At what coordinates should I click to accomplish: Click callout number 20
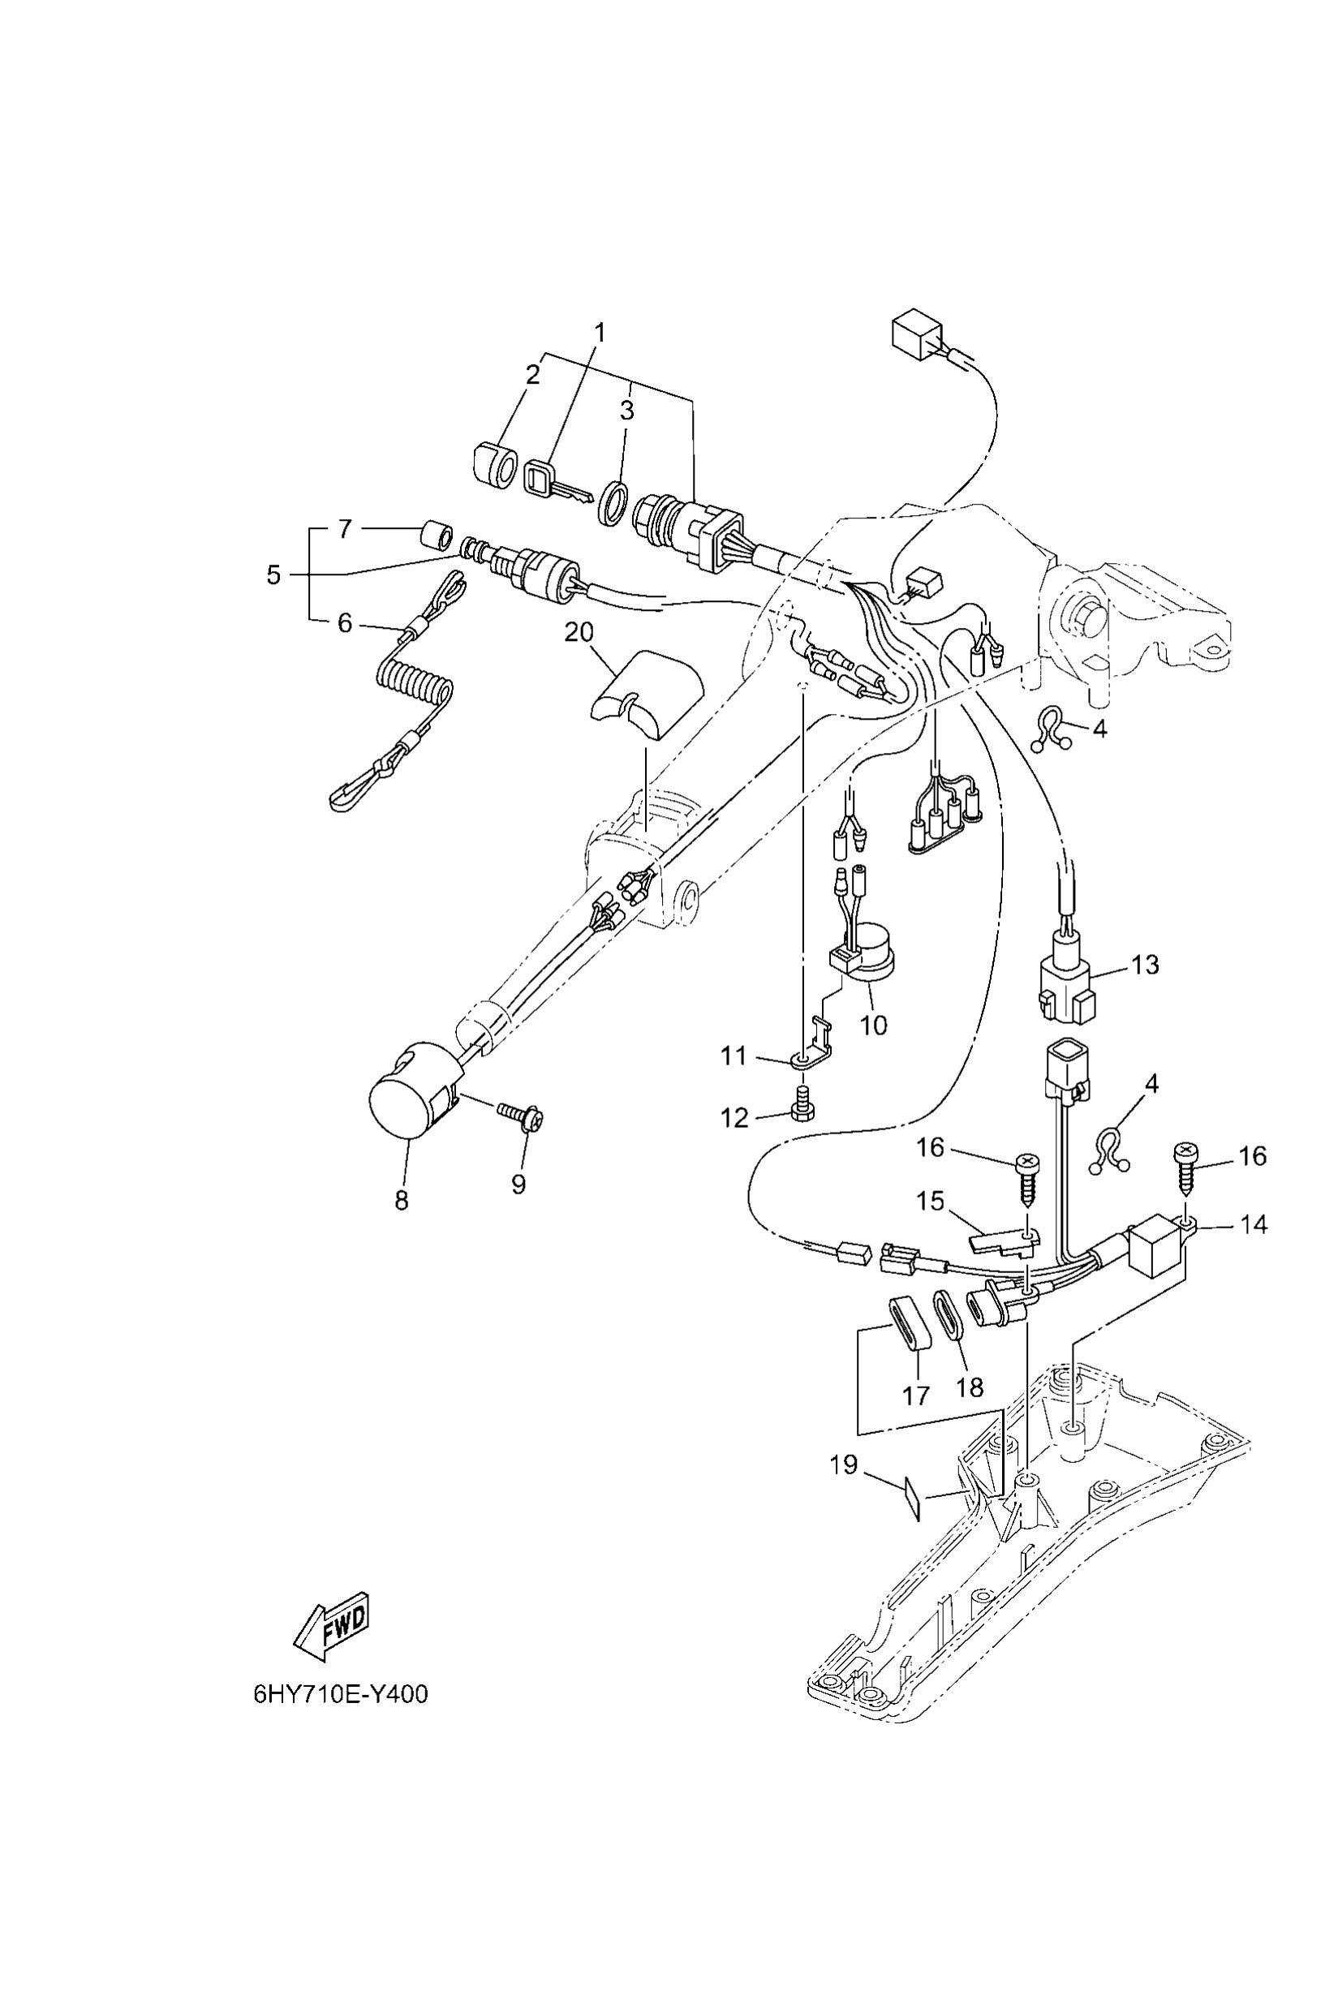tap(579, 632)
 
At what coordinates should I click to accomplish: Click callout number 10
tap(873, 1024)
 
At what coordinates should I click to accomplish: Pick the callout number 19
tap(843, 1465)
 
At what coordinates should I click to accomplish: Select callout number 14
tap(1253, 1224)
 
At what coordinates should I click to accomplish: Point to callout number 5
tap(273, 574)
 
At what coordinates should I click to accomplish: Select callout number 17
tap(915, 1396)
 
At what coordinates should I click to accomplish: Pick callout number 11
tap(733, 1056)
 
